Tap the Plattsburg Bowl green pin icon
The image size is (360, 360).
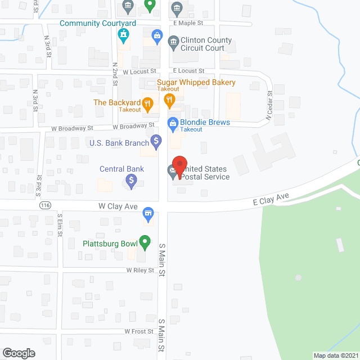(x=145, y=244)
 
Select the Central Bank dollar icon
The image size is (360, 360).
(x=131, y=181)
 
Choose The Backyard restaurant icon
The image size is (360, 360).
(x=147, y=103)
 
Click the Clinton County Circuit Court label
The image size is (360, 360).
(x=206, y=44)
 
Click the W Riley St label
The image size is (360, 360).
(x=140, y=270)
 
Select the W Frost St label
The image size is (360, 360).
(x=139, y=331)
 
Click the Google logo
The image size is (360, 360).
(x=18, y=353)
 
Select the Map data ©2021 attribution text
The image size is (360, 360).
(x=335, y=355)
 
